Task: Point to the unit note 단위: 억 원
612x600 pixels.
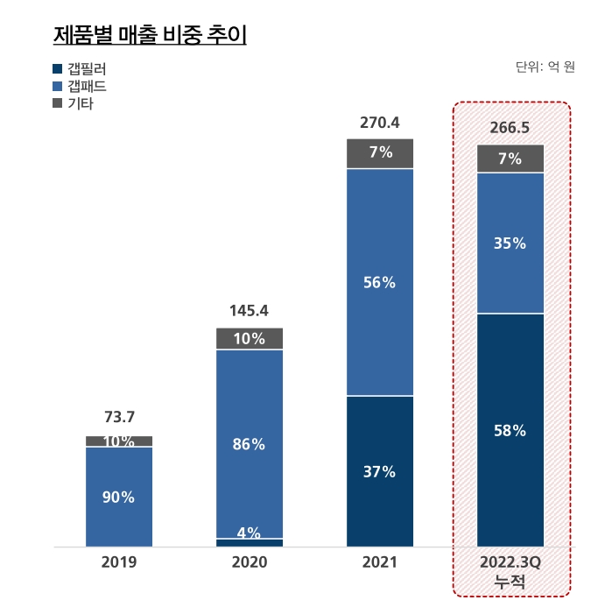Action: click(x=545, y=67)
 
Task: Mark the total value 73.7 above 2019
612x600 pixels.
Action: click(x=119, y=417)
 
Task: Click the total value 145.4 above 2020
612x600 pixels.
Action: click(x=250, y=310)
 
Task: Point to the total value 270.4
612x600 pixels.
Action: click(x=380, y=123)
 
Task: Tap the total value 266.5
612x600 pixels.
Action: click(x=510, y=128)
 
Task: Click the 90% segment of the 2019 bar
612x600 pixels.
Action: click(x=119, y=497)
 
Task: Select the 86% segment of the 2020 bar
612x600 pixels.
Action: click(x=250, y=444)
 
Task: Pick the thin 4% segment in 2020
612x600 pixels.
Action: click(x=250, y=542)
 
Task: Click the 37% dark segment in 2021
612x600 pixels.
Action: click(x=380, y=471)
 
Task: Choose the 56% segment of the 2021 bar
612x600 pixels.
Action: click(x=380, y=282)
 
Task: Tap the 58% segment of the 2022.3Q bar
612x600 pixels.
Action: click(x=510, y=430)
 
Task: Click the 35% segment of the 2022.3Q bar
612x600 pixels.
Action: click(x=510, y=244)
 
